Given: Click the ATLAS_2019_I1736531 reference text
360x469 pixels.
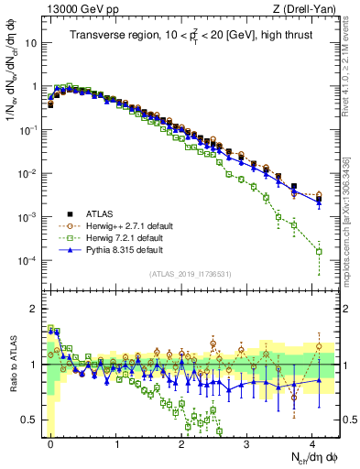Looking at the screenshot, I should coord(190,274).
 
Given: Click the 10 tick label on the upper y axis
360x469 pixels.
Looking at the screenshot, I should coord(31,42).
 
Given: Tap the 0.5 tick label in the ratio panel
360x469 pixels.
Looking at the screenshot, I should coord(29,420).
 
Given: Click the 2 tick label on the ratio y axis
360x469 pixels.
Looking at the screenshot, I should coord(34,308).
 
